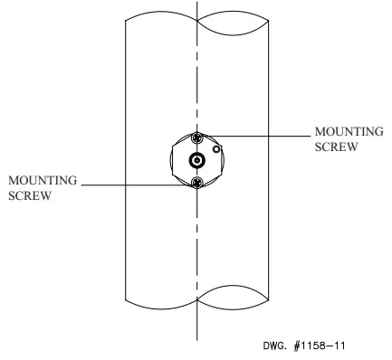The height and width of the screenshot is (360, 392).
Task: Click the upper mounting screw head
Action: [x=197, y=137]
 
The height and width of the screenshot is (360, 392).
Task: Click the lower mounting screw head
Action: [x=197, y=184]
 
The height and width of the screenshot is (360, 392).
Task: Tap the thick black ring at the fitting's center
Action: [x=197, y=161]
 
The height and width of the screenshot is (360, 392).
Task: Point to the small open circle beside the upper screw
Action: [x=215, y=147]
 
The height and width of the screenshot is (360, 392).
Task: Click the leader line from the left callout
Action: [x=136, y=184]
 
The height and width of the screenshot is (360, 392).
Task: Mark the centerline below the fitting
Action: [x=196, y=253]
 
